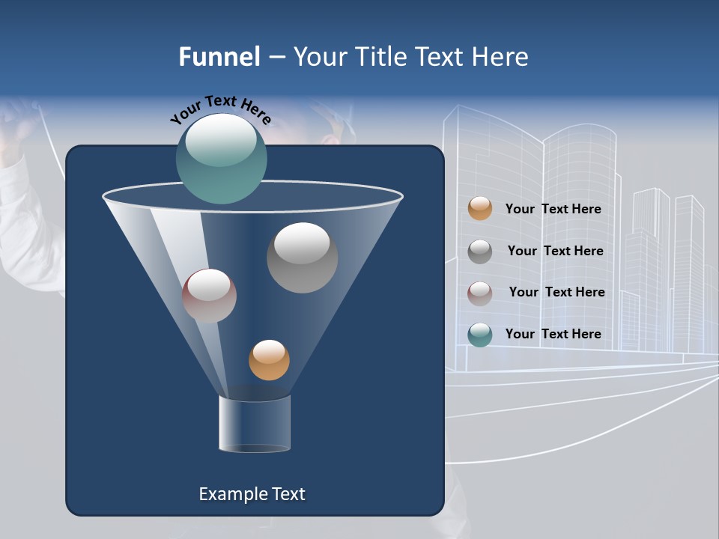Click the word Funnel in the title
click(219, 57)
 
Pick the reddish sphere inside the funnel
click(209, 296)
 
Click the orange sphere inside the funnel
click(269, 360)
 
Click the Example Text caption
click(252, 494)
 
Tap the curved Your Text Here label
click(221, 109)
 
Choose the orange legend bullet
click(480, 209)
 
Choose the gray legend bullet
click(480, 251)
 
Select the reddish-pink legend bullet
click(480, 293)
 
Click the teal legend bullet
click(480, 335)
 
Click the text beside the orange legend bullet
click(553, 210)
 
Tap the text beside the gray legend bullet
click(555, 252)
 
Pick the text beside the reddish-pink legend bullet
click(556, 293)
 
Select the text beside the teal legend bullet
click(553, 335)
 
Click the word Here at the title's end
click(502, 57)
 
